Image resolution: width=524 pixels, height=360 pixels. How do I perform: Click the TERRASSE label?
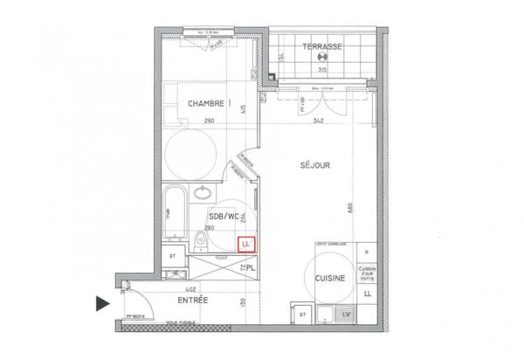tap(321, 45)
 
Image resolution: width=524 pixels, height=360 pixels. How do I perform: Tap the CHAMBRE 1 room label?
tap(210, 103)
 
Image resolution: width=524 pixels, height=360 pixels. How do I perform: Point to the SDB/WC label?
tap(224, 215)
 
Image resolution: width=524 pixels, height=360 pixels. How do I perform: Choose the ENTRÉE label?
tap(192, 300)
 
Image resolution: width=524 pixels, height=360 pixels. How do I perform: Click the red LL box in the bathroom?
tap(245, 243)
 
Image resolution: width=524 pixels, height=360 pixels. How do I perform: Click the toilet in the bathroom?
tap(201, 239)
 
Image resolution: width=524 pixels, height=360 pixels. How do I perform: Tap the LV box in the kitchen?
tap(346, 313)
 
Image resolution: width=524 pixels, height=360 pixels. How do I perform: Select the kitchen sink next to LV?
tap(325, 313)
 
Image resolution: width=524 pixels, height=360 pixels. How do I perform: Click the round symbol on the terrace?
tap(321, 59)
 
